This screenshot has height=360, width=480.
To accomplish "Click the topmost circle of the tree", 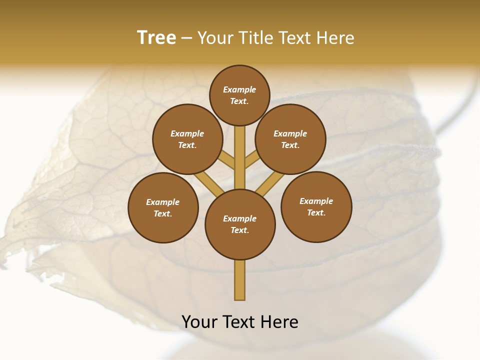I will coord(239,95).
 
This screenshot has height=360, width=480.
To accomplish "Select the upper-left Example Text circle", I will coord(187,139).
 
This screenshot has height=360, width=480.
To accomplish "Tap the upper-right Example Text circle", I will coord(290,139).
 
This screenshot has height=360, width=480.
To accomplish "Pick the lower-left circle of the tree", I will coord(163,207).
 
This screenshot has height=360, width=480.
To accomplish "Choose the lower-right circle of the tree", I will coord(316,206).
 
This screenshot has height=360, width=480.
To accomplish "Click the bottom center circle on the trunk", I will coord(240,224).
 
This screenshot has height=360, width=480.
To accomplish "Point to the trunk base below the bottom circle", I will coord(240,280).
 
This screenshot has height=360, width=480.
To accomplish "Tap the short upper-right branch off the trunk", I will coord(252,159).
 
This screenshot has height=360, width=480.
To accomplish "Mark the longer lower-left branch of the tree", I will coord(208,182).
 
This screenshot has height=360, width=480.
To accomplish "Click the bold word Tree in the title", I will coord(156,37).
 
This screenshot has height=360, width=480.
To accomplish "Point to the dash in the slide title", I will coord(186,38).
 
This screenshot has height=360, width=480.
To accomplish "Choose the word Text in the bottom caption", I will coord(239,322).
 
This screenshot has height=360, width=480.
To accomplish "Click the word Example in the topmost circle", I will coord(239,90).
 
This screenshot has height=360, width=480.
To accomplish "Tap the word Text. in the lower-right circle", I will coord(316,212).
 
